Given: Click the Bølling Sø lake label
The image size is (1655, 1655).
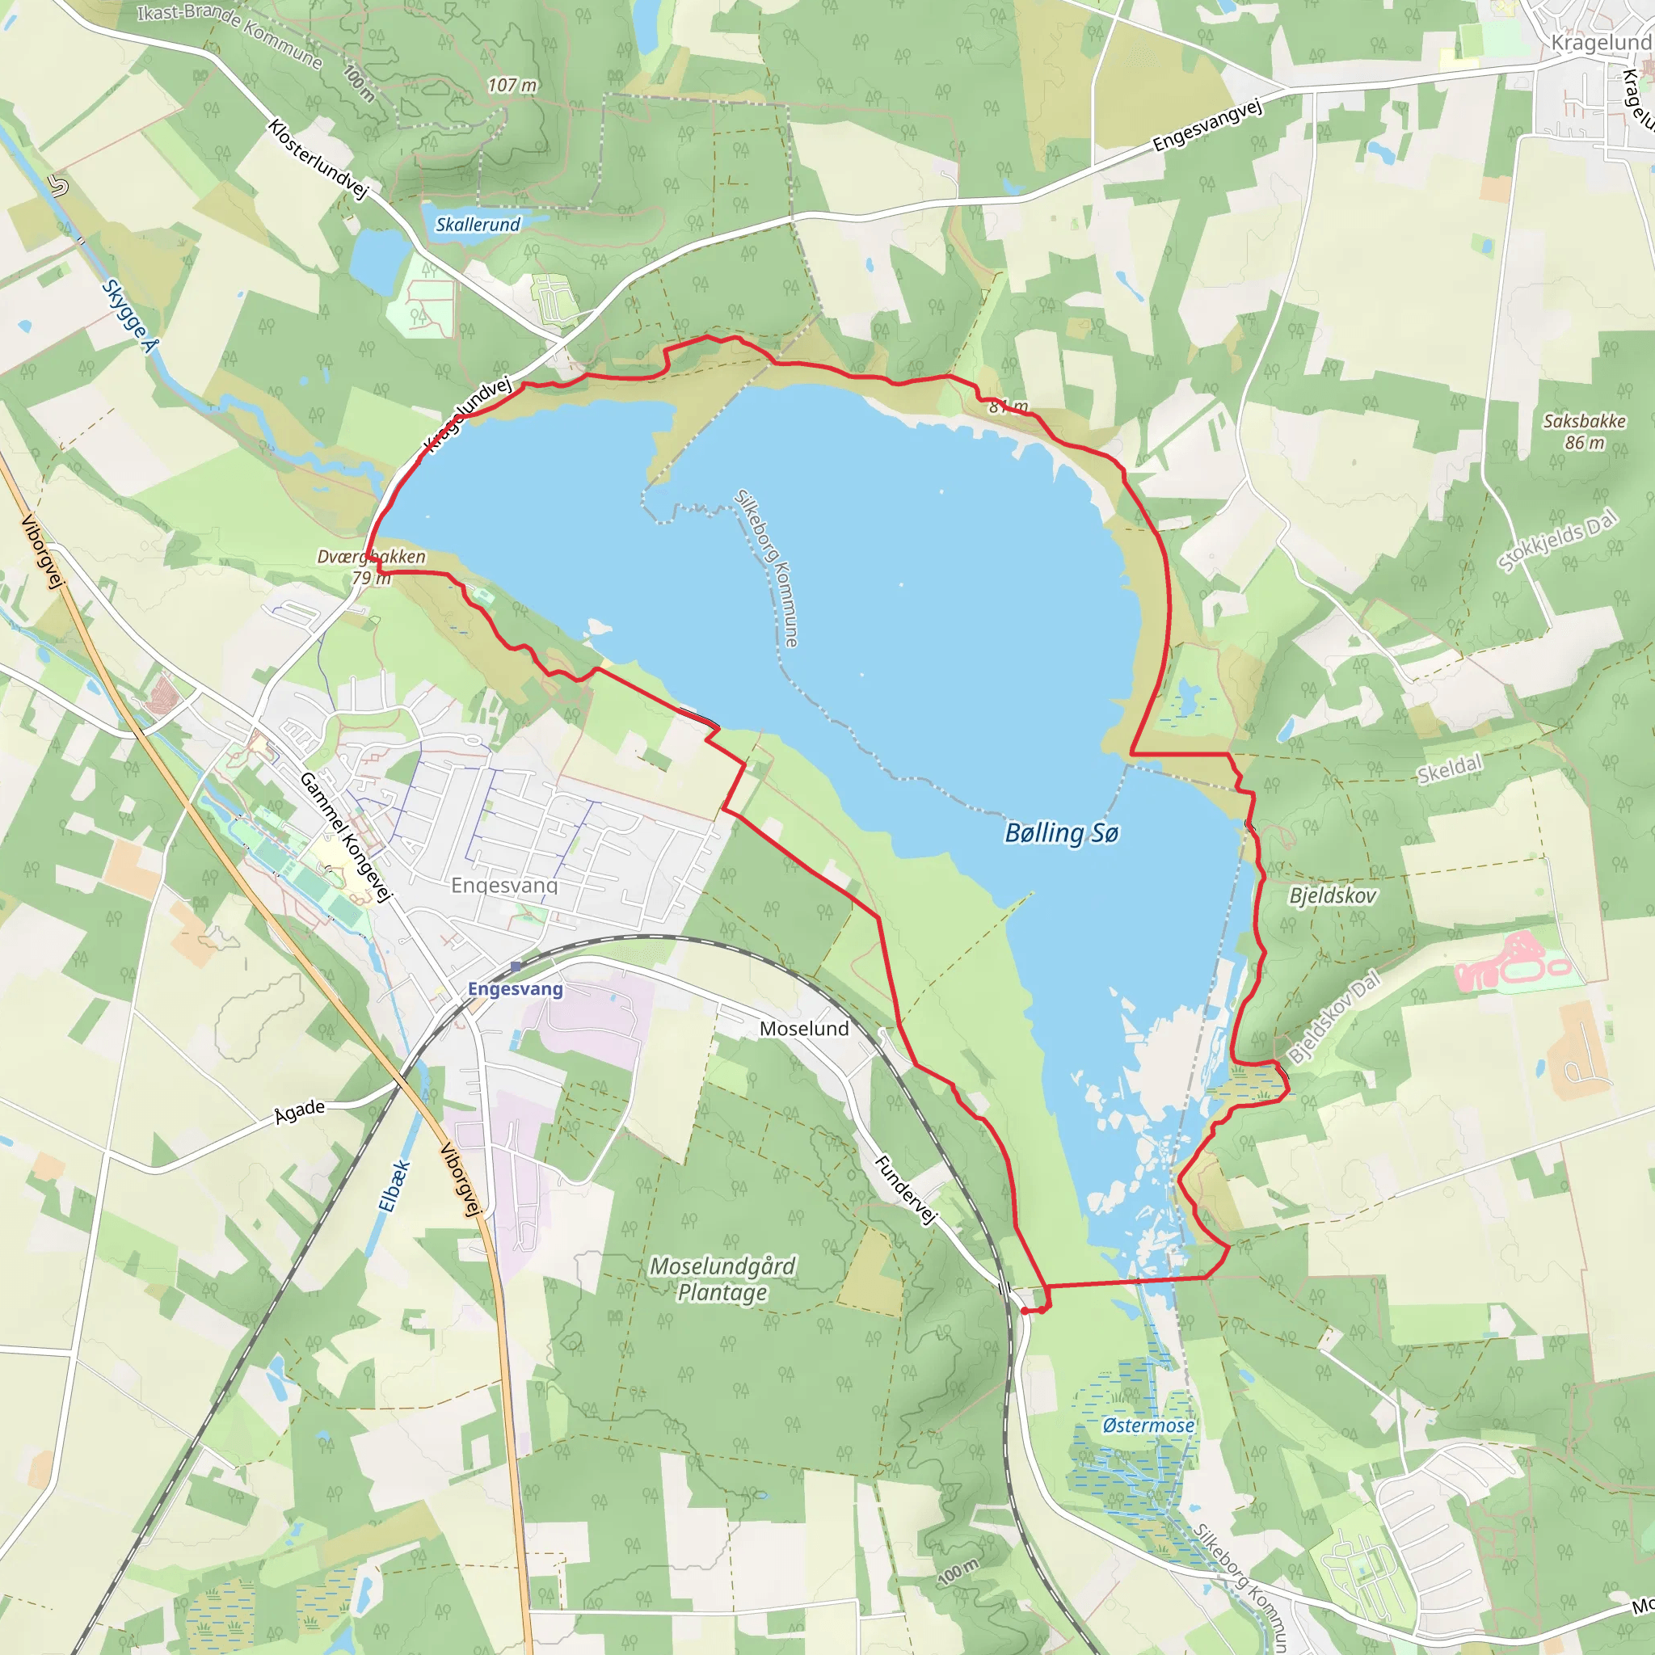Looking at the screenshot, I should pos(1061,832).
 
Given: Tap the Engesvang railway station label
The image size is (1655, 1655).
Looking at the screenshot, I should pos(515,988).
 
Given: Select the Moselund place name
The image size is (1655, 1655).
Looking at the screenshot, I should pos(803,1029).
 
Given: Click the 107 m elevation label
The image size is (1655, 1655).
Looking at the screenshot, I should pos(512,86).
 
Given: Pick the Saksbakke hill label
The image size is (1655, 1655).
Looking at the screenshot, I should pos(1584,422).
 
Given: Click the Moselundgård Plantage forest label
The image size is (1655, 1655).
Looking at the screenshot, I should pos(723,1279).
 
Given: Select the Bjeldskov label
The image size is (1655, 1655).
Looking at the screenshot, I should pos(1332,896).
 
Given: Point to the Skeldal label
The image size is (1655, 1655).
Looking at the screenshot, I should pos(1449,769).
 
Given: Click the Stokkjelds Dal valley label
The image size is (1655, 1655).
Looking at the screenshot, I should pos(1557,540).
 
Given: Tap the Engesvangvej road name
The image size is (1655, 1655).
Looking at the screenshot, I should pos(1207,126).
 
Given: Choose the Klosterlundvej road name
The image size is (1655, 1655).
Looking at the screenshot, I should pos(318,159).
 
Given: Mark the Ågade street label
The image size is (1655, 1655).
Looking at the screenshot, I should pos(299,1113).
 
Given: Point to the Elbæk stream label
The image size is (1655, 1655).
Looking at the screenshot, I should pos(394,1186).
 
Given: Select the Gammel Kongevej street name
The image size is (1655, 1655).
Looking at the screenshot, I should pos(345,836).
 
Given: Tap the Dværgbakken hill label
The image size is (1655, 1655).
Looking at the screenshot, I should pos(371,557).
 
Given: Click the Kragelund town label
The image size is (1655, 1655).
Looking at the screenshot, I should pos(1600,42).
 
